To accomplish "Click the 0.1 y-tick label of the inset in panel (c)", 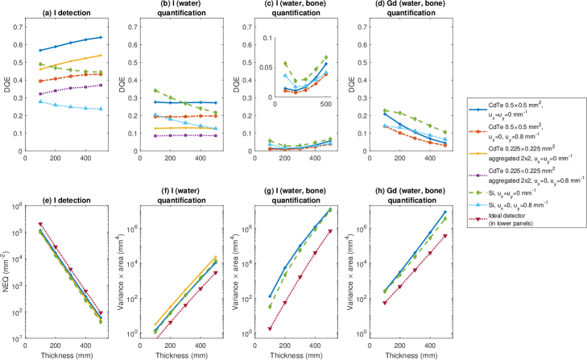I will [267, 37].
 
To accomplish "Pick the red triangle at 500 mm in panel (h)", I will [444, 235].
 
